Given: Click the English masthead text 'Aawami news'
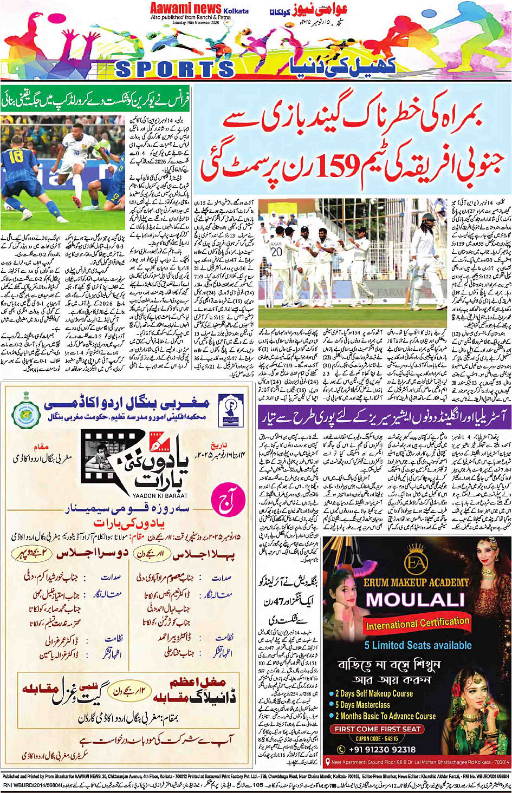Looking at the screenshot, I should click(x=186, y=9).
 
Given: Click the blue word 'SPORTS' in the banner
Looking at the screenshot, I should click(x=175, y=69).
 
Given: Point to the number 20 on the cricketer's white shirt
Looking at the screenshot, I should click(x=277, y=252).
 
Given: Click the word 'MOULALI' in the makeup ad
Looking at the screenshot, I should click(x=415, y=600).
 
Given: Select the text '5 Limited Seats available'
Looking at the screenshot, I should click(x=418, y=645).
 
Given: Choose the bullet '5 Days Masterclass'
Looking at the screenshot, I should click(x=362, y=705).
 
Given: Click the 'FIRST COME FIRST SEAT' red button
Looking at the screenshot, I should click(x=378, y=729).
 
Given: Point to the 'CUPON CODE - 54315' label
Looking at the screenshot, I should click(x=377, y=738).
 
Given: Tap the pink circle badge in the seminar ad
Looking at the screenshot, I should click(x=224, y=504).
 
